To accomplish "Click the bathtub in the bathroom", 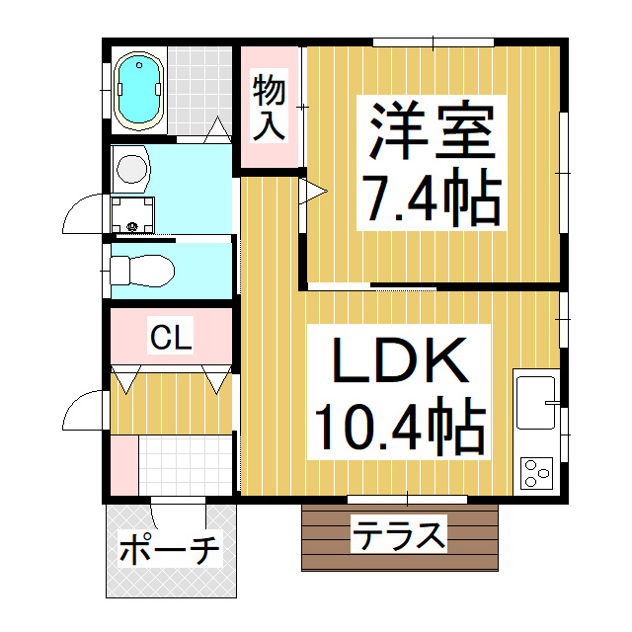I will pos(138,91).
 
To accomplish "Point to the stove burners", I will pos(537,474).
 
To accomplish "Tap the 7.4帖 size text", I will pos(432,197).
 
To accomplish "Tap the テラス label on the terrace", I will pos(399,538).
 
